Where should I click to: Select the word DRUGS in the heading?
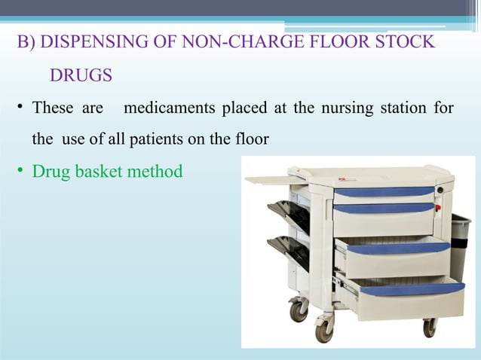(x=81, y=75)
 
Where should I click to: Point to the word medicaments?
(x=170, y=108)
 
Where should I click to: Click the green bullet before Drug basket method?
(x=21, y=172)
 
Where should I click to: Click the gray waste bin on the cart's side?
(x=459, y=241)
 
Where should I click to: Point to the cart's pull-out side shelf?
(x=276, y=181)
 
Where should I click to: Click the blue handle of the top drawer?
(x=384, y=191)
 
